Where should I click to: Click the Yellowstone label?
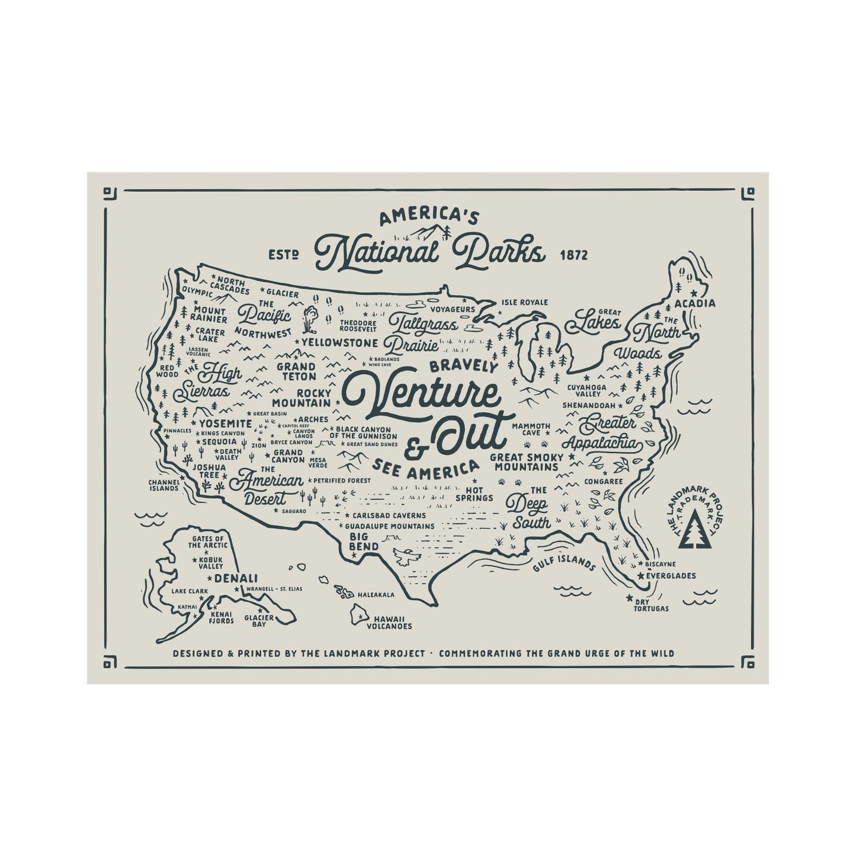(x=339, y=342)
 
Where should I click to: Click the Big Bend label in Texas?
(x=359, y=542)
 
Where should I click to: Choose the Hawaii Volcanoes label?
(x=389, y=621)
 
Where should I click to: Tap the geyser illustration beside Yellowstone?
(x=310, y=319)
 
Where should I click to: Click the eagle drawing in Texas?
(x=406, y=557)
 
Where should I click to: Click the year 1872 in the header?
(x=573, y=255)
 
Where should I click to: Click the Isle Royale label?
(x=524, y=302)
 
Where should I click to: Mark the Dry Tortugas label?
(x=650, y=605)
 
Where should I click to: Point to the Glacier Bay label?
(x=259, y=621)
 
